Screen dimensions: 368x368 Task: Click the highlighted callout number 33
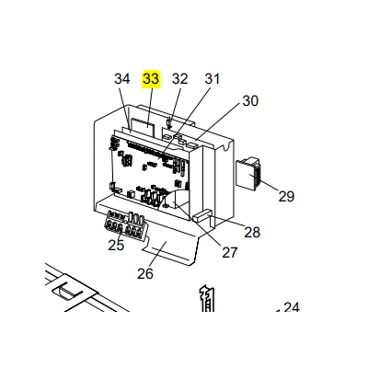(151, 79)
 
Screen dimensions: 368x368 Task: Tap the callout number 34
(122, 79)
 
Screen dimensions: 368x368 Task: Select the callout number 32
(179, 79)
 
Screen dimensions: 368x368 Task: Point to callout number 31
(213, 79)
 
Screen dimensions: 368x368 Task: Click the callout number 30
(250, 101)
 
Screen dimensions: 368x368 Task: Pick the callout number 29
(286, 196)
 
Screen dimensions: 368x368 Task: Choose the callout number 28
(252, 232)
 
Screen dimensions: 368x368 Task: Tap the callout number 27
(230, 253)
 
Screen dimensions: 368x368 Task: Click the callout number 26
(145, 273)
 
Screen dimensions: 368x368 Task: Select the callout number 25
(116, 245)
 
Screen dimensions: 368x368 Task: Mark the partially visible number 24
(292, 307)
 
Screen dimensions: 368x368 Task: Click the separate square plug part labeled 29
(248, 173)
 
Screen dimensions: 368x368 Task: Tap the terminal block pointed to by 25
(125, 224)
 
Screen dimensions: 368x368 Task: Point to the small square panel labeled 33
(143, 126)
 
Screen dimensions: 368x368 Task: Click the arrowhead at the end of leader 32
(168, 126)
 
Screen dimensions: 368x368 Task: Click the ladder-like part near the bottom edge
(206, 299)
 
